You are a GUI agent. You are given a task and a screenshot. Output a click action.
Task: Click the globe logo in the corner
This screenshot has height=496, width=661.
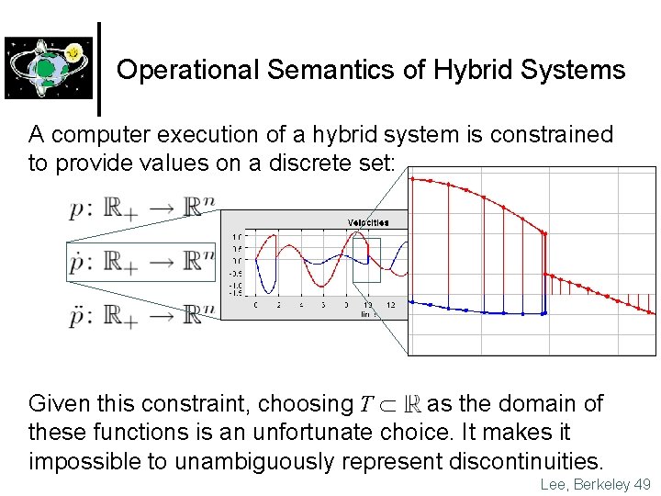(x=49, y=67)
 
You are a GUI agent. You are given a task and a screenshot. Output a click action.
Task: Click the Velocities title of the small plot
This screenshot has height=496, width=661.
(x=366, y=222)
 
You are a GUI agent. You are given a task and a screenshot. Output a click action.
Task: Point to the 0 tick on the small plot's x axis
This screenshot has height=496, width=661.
(x=255, y=304)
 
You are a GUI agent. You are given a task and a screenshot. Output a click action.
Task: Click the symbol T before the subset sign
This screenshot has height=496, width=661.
(x=365, y=405)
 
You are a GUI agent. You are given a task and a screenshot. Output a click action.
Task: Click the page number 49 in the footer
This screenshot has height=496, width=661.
(x=642, y=484)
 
